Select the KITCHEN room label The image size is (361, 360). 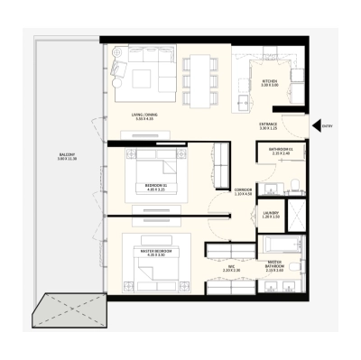(269, 83)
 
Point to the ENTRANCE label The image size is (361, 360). (268, 126)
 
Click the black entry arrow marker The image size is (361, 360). (316, 126)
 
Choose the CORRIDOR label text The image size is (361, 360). (242, 191)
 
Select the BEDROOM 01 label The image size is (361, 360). (155, 186)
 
